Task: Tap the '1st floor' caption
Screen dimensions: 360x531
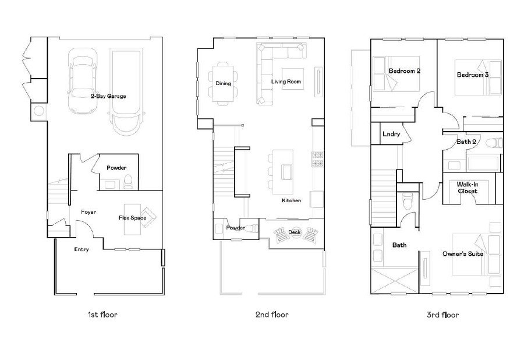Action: pos(102,315)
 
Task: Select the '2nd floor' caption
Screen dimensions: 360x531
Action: pos(272,315)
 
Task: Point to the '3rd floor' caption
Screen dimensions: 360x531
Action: pos(442,315)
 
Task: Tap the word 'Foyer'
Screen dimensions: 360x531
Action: pos(88,212)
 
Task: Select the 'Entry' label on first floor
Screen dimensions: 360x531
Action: pos(82,249)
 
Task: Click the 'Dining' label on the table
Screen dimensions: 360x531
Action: pos(223,83)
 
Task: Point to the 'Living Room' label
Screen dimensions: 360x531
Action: pos(286,82)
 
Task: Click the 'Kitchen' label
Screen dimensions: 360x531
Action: pos(291,200)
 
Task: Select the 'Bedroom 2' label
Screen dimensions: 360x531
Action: pos(405,71)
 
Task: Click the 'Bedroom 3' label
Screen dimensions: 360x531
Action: pos(472,75)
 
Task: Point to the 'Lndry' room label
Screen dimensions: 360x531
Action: pos(391,135)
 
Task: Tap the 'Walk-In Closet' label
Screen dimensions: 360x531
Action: pos(467,188)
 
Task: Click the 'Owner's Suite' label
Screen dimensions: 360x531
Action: pos(463,254)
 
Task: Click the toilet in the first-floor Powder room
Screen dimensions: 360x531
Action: pos(129,183)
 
